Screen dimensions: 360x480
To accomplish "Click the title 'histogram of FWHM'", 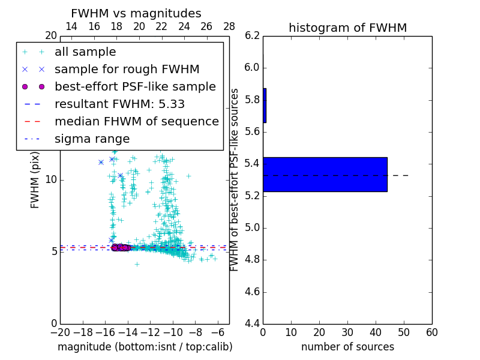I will coord(347,28).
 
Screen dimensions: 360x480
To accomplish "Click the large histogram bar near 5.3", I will coord(325,175).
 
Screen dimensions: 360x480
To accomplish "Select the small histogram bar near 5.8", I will coord(265,106).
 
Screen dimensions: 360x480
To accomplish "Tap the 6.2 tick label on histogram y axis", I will coord(251,35).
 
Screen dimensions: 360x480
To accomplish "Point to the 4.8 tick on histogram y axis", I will coord(251,260).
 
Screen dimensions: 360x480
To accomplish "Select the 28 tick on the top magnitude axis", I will coord(229,26).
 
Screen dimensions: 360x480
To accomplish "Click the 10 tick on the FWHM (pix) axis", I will coord(50,180).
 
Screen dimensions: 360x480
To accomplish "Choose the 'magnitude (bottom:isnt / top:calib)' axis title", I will coord(145,347).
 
